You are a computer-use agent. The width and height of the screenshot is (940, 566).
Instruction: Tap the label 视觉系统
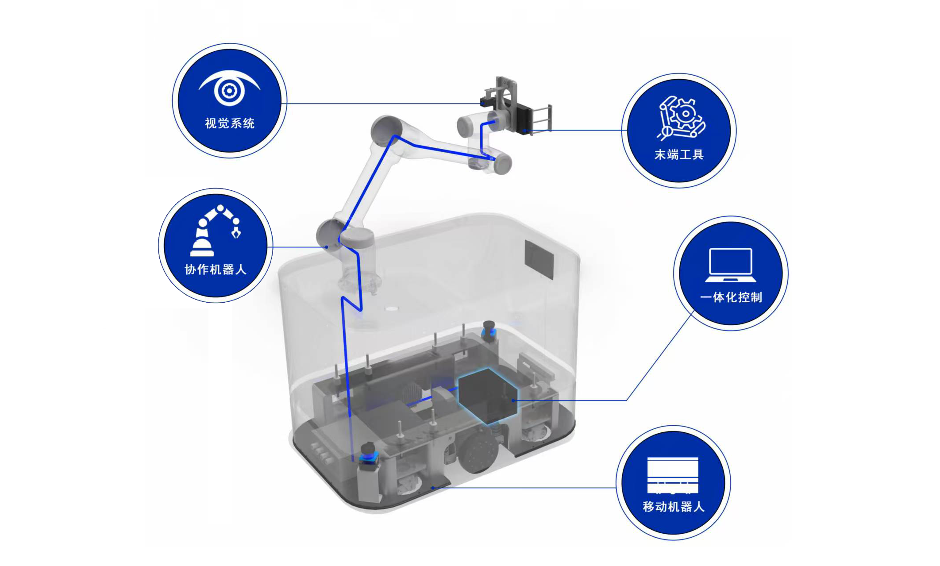pos(230,123)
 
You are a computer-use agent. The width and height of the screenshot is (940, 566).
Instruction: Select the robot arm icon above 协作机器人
pos(216,231)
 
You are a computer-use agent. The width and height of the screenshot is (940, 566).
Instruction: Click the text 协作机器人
pos(216,269)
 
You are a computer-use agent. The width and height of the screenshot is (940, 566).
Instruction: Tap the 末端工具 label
pos(679,154)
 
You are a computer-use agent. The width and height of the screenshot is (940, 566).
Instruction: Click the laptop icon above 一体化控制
pos(731,265)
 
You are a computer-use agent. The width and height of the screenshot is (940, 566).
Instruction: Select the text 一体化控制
pos(731,297)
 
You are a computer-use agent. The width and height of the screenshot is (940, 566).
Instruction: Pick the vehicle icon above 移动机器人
pos(673,475)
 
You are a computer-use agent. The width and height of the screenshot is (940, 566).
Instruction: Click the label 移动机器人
pos(673,506)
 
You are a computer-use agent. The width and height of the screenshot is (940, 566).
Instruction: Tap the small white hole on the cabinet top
pos(391,309)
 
